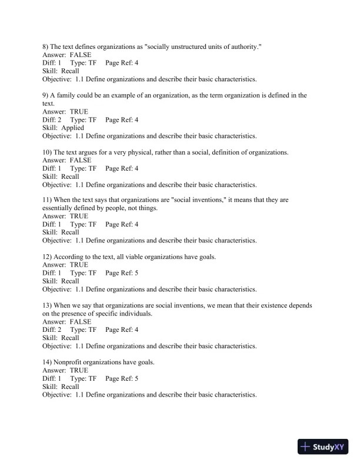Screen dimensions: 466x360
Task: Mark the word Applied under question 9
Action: pyautogui.click(x=72, y=128)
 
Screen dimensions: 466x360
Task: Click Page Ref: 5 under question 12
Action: pyautogui.click(x=122, y=273)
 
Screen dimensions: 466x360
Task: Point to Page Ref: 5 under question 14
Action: pyautogui.click(x=122, y=379)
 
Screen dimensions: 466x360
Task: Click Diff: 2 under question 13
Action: pyautogui.click(x=52, y=330)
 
